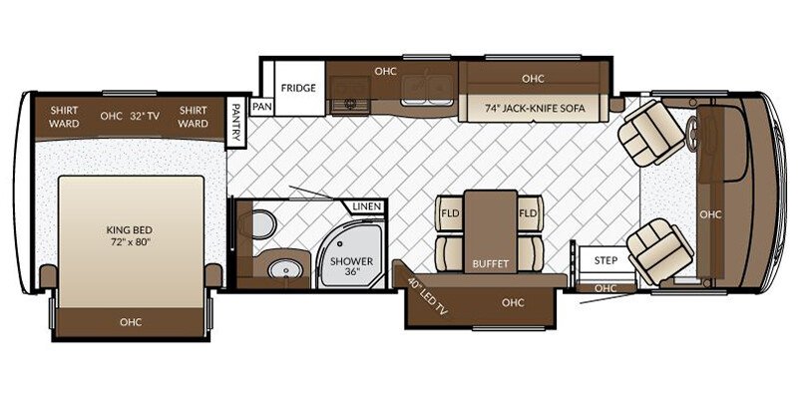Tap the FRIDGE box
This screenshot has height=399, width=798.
coord(297,88)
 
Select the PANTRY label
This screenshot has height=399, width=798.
coord(235,123)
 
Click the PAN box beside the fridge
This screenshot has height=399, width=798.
coord(262,105)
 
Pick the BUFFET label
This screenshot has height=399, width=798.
coord(491,264)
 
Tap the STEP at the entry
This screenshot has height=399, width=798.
coord(605,260)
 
